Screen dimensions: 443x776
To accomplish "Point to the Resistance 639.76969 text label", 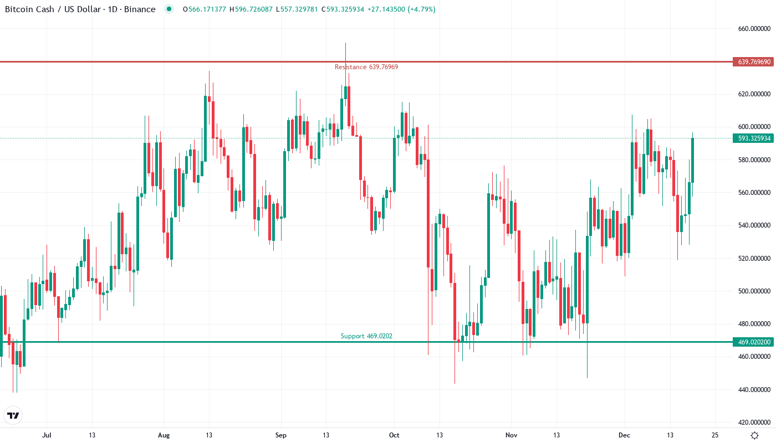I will tap(366, 67).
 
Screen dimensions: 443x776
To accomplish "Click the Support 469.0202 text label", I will tap(366, 336).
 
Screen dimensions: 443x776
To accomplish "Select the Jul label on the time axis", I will tap(47, 435).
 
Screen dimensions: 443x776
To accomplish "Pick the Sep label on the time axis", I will tap(281, 435).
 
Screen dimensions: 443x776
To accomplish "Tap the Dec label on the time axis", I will tap(625, 435).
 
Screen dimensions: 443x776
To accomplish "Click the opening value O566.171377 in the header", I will tap(204, 9).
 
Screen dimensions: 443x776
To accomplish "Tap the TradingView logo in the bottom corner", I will tap(13, 415).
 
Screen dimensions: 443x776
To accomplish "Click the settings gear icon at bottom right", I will tap(754, 435).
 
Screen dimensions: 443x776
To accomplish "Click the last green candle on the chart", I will tap(692, 160).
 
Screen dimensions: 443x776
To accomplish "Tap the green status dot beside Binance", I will tap(169, 9).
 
